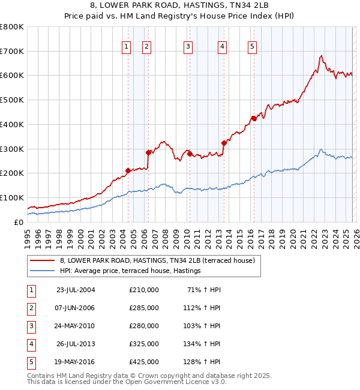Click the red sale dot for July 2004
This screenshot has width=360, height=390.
point(128,170)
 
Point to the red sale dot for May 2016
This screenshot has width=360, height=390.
point(254,118)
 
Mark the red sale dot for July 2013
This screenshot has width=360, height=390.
point(224,143)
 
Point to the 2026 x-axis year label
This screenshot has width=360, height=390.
point(355,238)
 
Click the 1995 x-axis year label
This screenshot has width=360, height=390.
point(28,238)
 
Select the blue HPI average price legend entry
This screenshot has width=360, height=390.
point(130,271)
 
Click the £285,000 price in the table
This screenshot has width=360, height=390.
point(144,308)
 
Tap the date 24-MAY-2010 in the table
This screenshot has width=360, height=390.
point(75,326)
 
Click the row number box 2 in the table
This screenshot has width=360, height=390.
point(31,308)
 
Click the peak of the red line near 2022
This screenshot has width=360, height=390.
point(322,56)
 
